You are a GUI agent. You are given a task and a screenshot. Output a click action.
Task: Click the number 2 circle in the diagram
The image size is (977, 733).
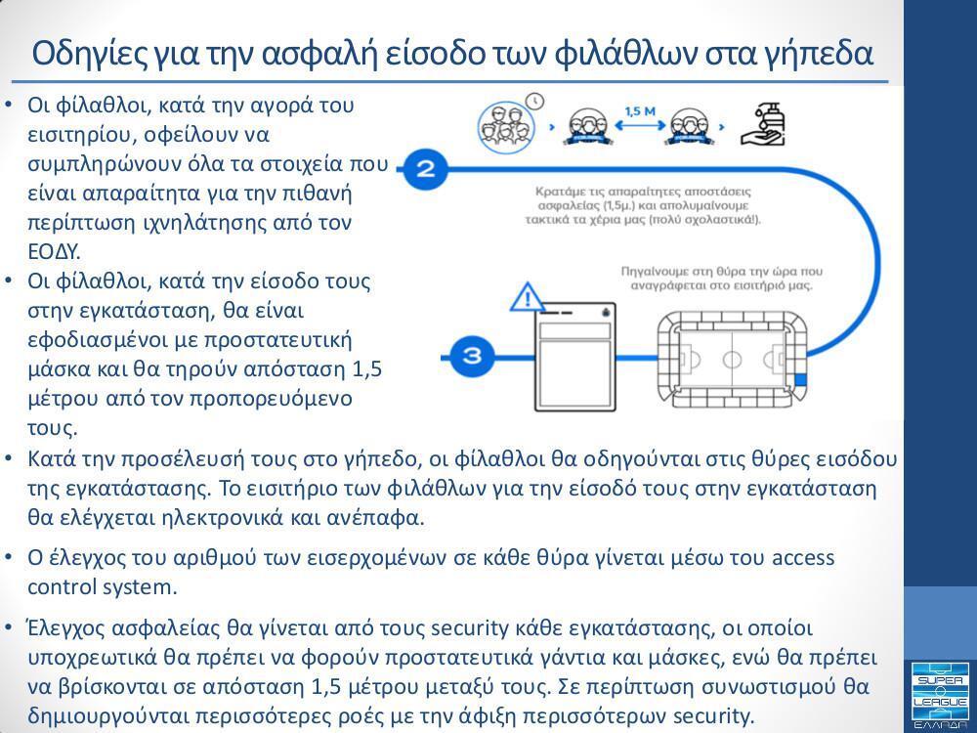point(425,169)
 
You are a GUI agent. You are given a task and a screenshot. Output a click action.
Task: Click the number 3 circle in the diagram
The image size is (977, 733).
point(471,355)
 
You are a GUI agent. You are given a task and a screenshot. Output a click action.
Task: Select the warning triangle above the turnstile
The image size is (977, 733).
point(528,296)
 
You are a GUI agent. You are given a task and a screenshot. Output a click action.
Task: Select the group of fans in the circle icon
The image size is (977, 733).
point(506,125)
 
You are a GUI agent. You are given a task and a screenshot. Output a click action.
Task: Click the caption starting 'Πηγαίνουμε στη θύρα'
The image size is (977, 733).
point(717,279)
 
